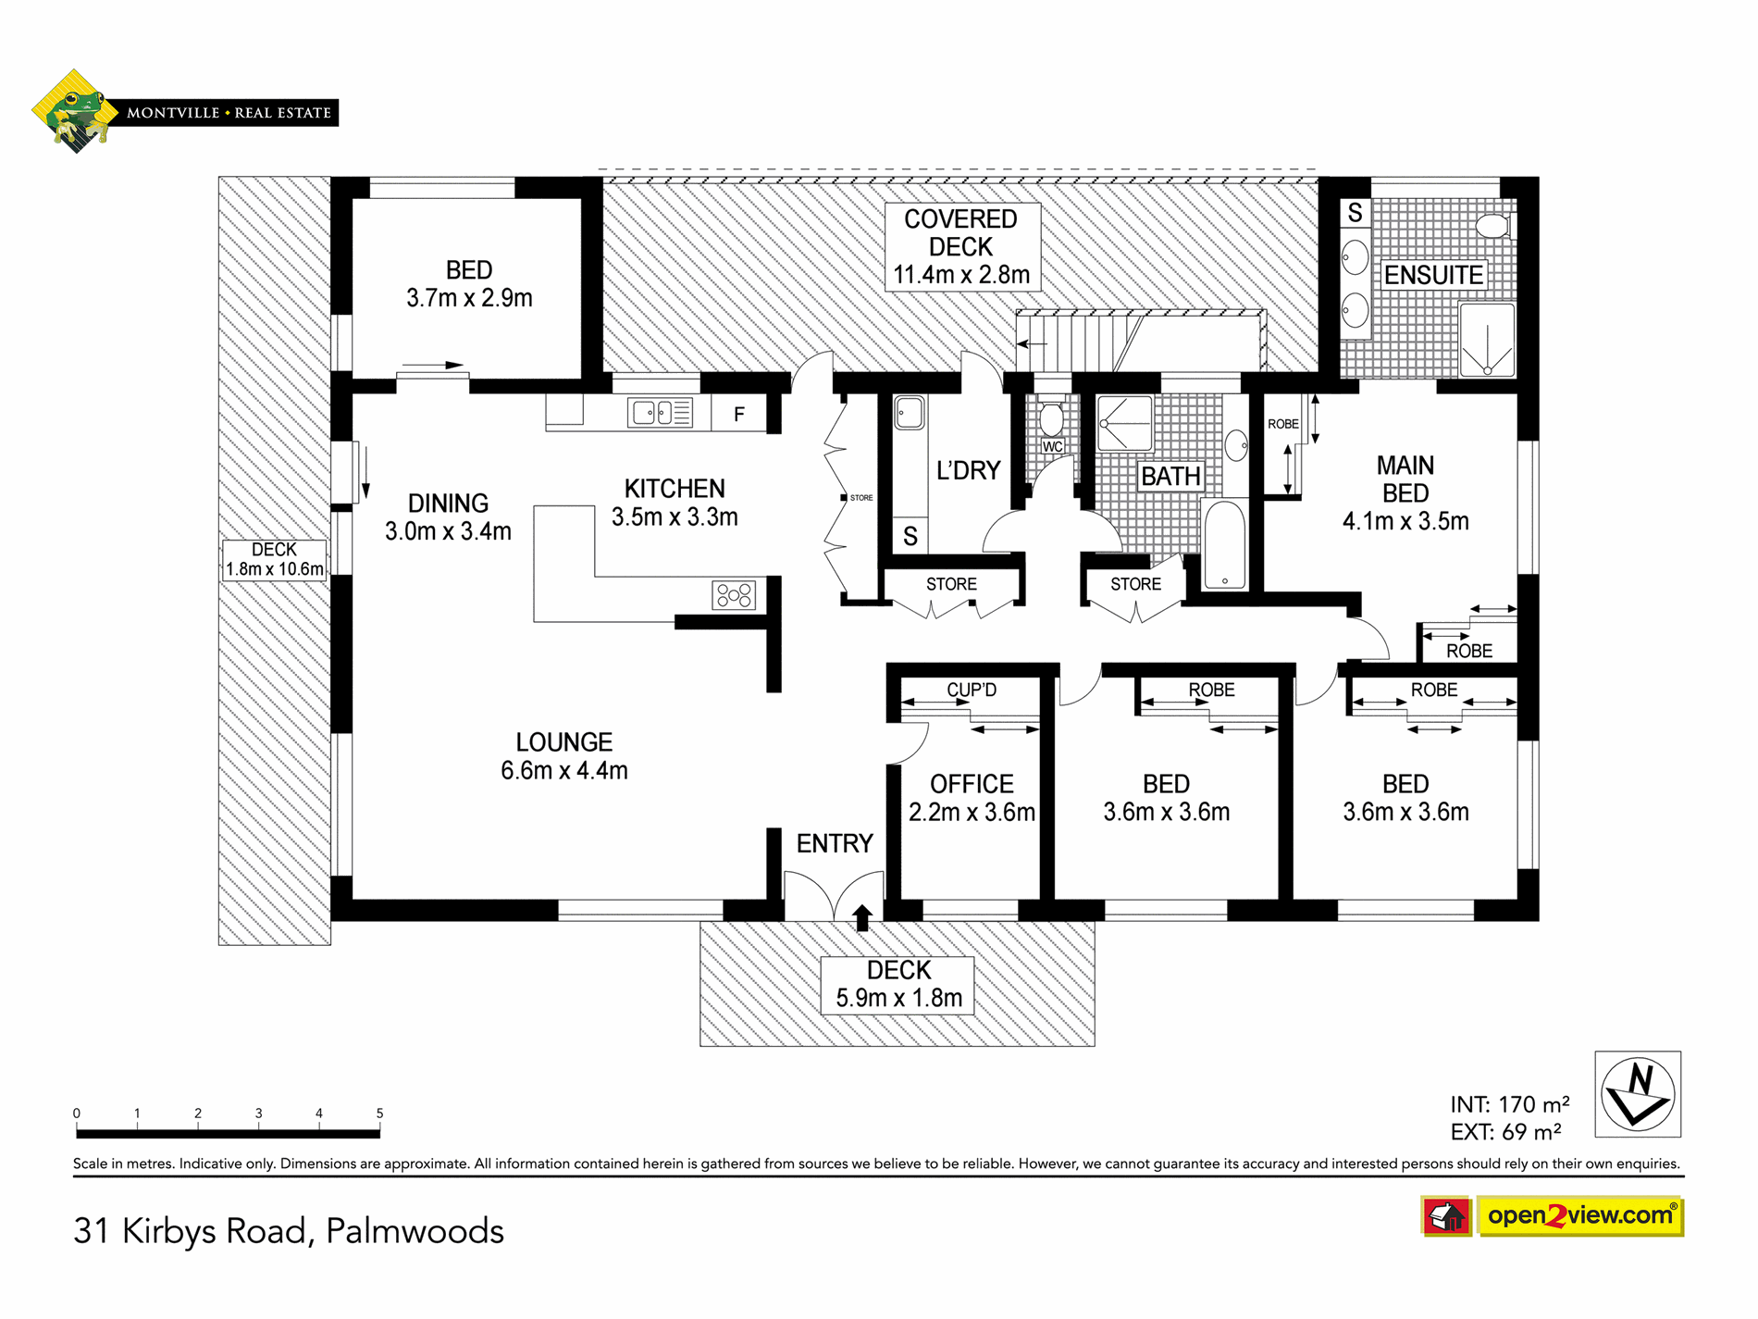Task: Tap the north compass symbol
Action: tap(1638, 1094)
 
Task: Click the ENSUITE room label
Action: tap(1433, 275)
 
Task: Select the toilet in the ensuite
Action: tap(1493, 226)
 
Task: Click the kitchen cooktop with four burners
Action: tap(734, 595)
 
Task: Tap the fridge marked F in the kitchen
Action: tap(739, 414)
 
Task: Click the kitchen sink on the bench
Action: tap(660, 412)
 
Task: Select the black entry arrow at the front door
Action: tap(862, 916)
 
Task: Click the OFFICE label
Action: tap(972, 784)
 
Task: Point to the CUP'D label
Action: tap(972, 690)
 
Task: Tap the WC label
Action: tap(1053, 446)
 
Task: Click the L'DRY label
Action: tap(968, 470)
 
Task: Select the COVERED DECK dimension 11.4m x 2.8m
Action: tap(961, 275)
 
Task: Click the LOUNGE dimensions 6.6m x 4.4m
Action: tap(564, 770)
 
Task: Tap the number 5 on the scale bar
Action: tap(379, 1113)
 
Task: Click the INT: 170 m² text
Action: tap(1509, 1104)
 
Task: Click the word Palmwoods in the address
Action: tap(415, 1231)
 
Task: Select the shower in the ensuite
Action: tap(1487, 340)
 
